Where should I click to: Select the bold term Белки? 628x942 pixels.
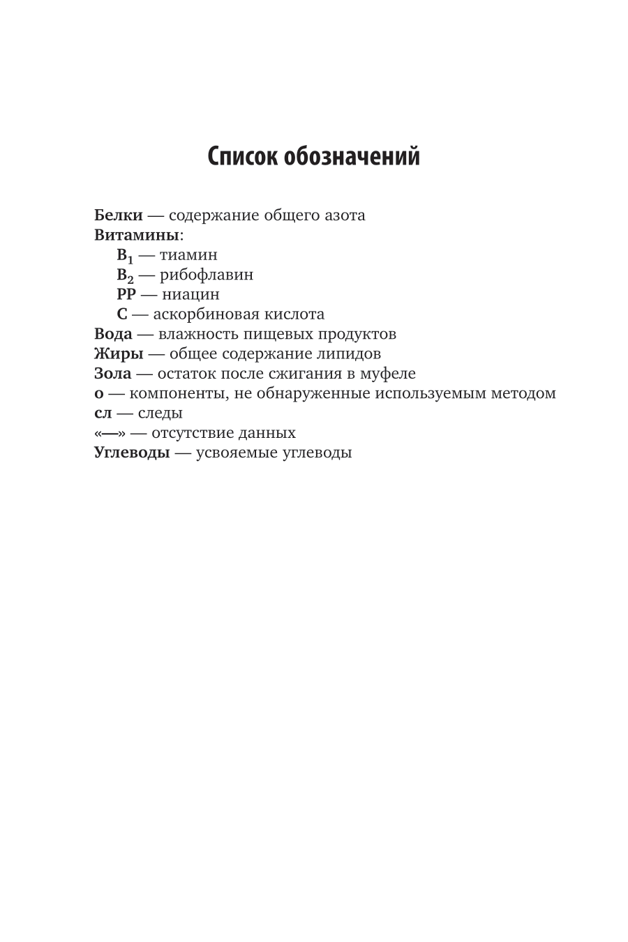[x=118, y=215]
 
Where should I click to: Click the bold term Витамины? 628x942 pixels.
[x=136, y=235]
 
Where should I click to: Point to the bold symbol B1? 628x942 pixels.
[x=125, y=255]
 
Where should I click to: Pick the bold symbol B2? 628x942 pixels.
[x=125, y=275]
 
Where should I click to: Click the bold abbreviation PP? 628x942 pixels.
[x=126, y=294]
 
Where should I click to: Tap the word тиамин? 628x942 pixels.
[x=188, y=255]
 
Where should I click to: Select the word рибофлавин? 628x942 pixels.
[x=207, y=275]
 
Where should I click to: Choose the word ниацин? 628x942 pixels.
[x=190, y=294]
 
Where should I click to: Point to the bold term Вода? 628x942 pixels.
[x=113, y=334]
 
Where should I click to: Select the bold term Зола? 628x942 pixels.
[x=112, y=373]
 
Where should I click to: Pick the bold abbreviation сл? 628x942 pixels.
[x=103, y=413]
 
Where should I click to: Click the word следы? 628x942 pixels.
[x=160, y=413]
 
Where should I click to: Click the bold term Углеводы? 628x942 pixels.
[x=132, y=453]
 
